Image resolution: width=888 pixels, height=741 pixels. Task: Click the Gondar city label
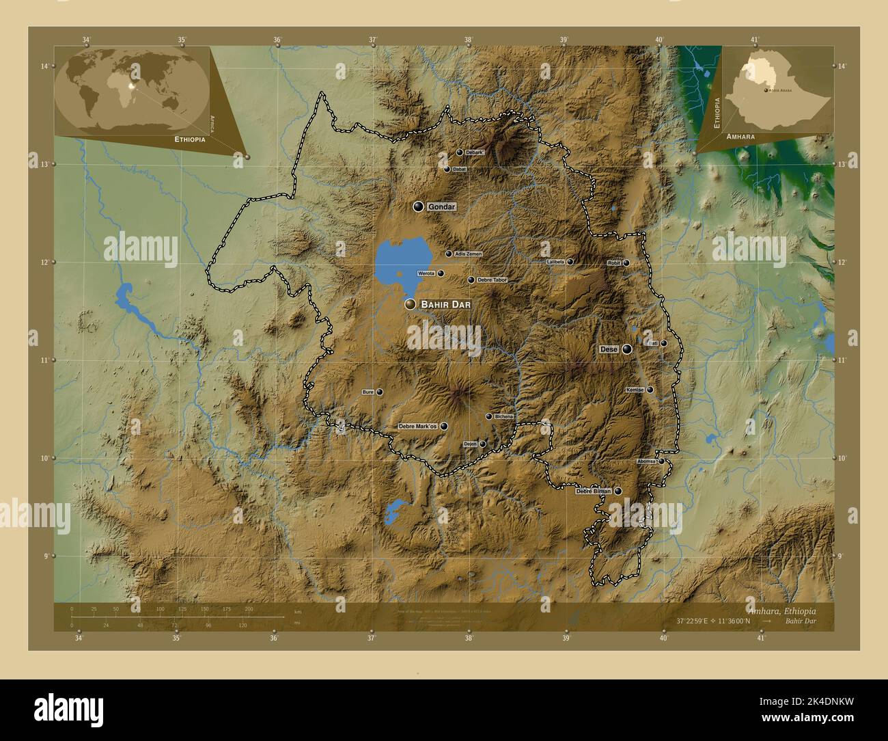[x=441, y=206]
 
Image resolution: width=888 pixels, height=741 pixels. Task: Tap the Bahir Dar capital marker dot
[x=410, y=304]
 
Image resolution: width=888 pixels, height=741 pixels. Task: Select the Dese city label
[x=609, y=349]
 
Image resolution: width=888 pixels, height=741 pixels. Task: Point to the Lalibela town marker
[x=570, y=262]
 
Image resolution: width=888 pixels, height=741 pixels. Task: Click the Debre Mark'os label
[x=417, y=427]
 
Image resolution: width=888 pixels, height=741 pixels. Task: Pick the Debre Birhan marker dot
[x=618, y=491]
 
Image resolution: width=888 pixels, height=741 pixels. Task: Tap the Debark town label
[x=475, y=152]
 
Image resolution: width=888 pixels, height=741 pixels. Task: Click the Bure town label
[x=367, y=392]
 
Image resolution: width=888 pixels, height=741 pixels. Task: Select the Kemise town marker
[x=650, y=390]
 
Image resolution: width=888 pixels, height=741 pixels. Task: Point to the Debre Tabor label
[x=492, y=280]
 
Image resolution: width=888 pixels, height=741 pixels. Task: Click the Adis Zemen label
[x=469, y=254]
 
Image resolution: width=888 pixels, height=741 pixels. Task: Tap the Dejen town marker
[x=482, y=444]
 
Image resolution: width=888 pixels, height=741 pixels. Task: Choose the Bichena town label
[x=503, y=417]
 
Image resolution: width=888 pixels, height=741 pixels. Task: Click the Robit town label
[x=613, y=263]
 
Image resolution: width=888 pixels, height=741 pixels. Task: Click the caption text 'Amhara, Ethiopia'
[x=790, y=610]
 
